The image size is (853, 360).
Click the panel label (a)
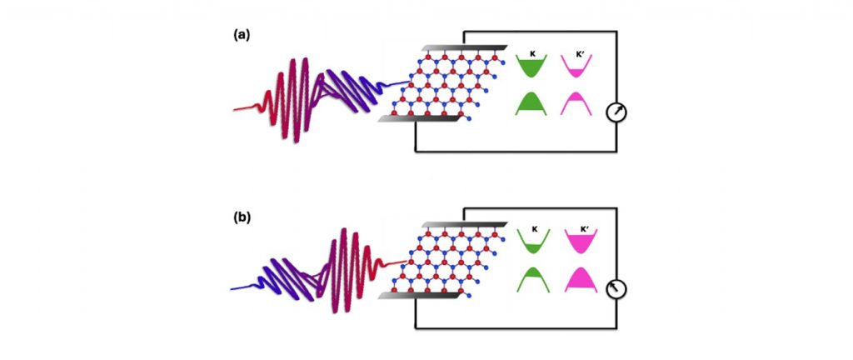(240, 36)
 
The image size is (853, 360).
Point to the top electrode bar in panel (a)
(463, 48)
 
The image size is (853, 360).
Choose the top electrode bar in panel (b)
(463, 226)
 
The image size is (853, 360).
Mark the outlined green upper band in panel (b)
(532, 242)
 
